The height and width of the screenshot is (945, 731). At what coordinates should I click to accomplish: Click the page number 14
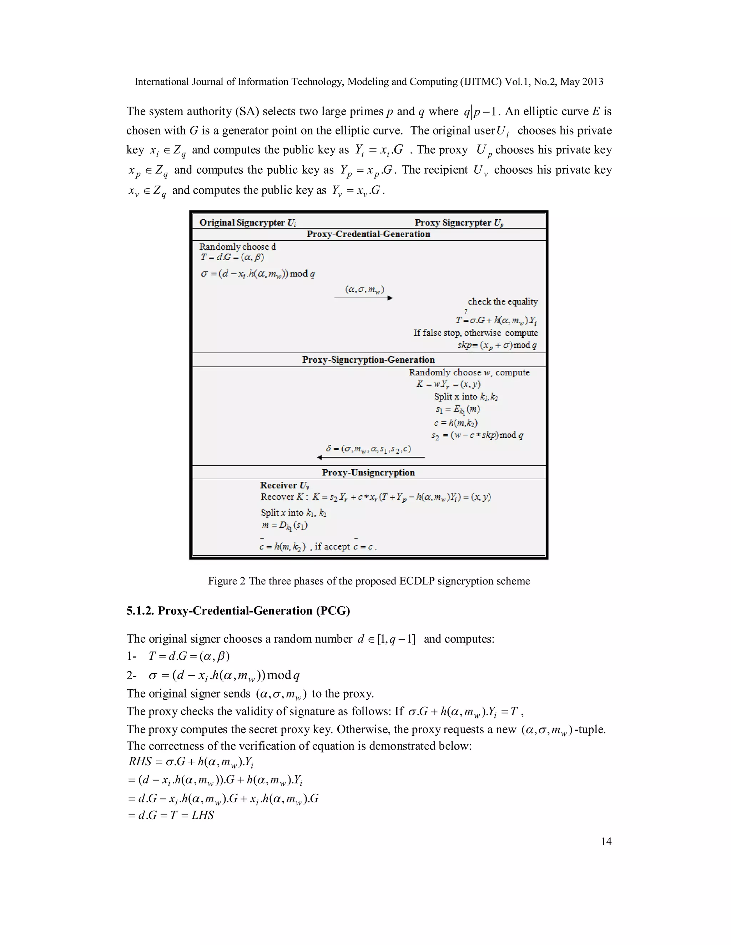606,841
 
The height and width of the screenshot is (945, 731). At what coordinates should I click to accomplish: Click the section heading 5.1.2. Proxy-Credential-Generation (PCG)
238,611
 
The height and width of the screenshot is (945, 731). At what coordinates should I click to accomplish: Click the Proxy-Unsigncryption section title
368,472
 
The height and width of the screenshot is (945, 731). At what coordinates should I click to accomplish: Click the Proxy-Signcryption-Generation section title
368,359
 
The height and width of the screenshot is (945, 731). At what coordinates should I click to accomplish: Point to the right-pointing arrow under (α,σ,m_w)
363,298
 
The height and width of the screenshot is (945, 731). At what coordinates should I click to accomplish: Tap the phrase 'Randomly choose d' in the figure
237,247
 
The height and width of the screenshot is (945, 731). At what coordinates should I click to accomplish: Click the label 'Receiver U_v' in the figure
284,485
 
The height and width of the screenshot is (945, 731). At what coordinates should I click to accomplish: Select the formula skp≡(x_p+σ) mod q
497,345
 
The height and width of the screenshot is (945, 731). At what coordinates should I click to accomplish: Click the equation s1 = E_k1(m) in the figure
457,409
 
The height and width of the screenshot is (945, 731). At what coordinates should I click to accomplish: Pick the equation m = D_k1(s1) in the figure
284,526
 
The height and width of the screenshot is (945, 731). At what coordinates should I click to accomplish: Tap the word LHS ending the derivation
203,815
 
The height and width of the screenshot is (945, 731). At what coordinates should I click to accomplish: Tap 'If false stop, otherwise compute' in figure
475,333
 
